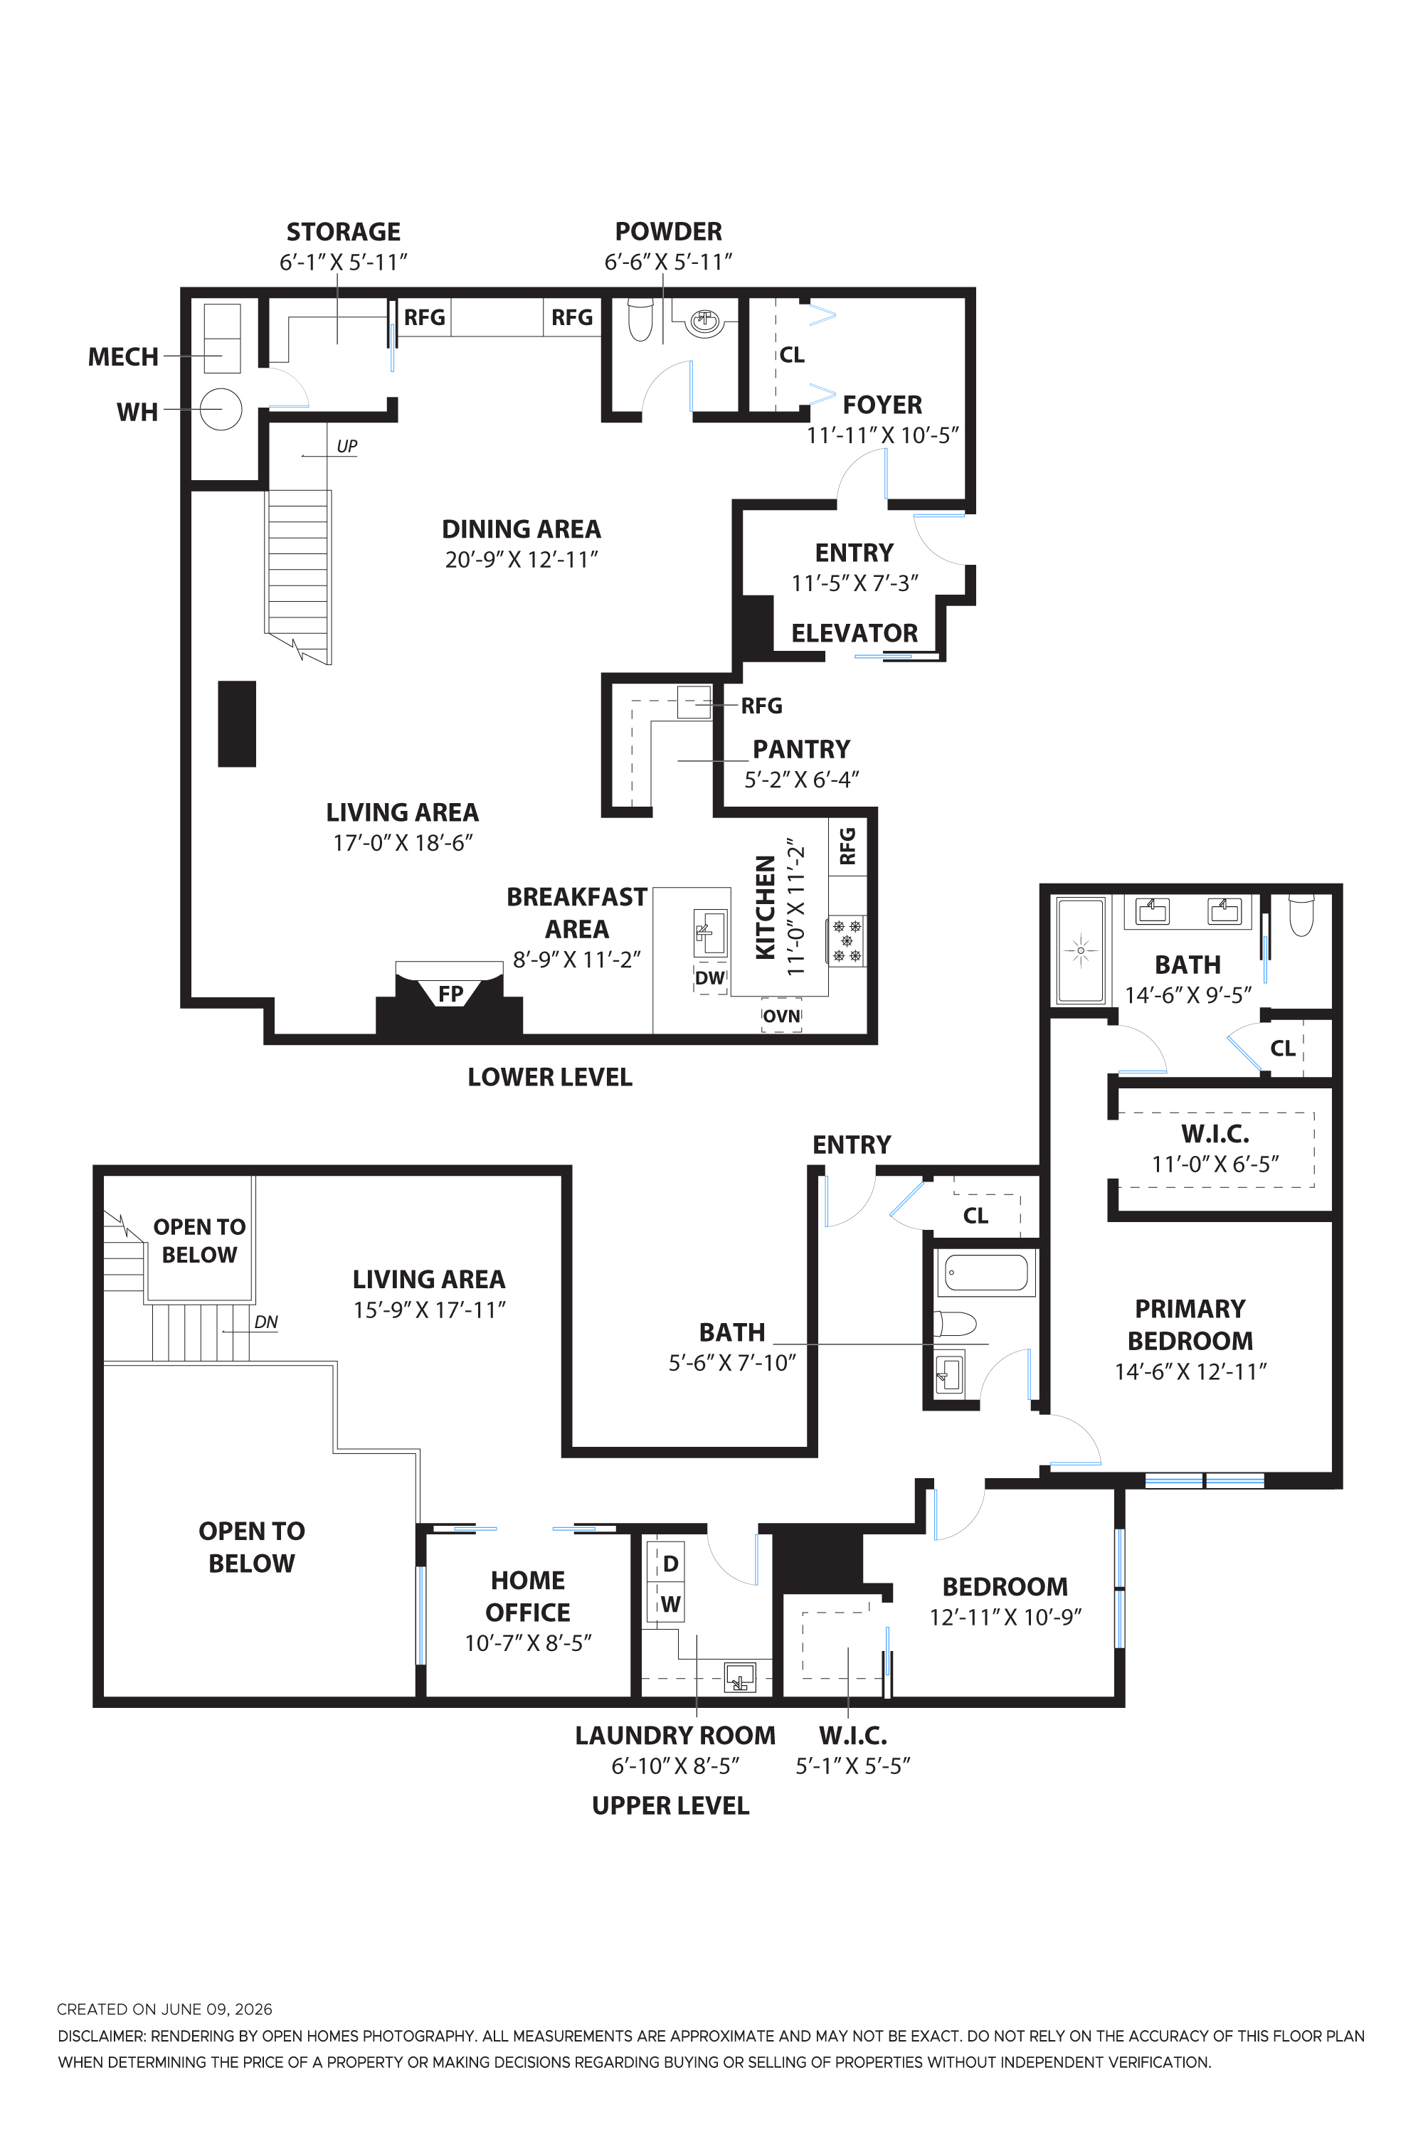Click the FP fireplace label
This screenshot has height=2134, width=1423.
point(450,994)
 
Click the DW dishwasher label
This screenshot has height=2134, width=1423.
point(709,978)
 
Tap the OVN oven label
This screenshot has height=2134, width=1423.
point(781,1016)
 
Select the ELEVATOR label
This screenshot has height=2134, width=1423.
point(854,633)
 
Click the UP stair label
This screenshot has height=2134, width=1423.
point(347,447)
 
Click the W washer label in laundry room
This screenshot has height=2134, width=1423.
point(671,1604)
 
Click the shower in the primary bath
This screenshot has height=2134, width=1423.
point(1081,950)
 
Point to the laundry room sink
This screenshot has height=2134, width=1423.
point(740,1677)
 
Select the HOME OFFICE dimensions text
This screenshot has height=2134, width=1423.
point(528,1643)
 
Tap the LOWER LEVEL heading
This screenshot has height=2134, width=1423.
point(550,1077)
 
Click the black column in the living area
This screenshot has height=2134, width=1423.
point(237,724)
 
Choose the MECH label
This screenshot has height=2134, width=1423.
point(123,358)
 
